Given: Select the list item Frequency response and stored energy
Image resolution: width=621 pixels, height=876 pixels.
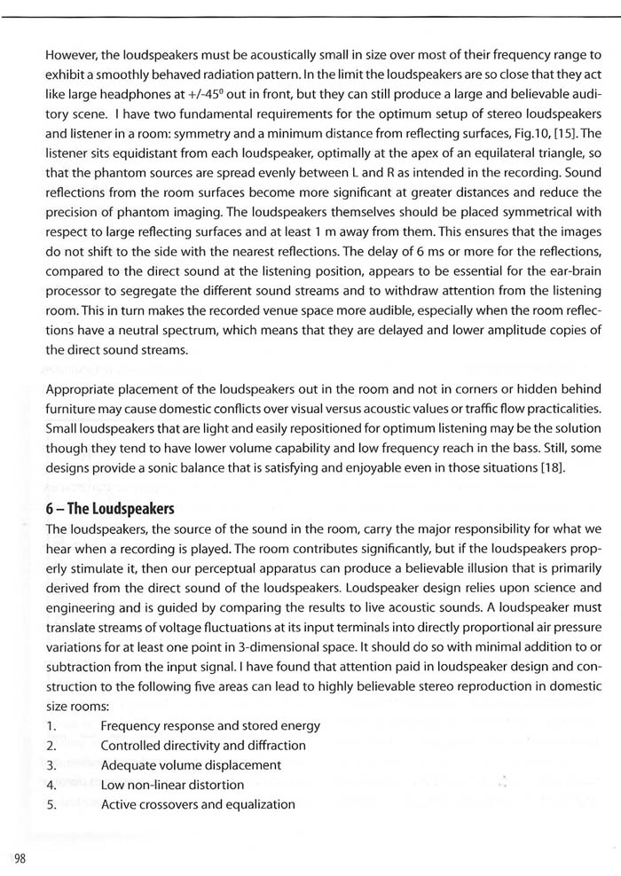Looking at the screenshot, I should point(210,725).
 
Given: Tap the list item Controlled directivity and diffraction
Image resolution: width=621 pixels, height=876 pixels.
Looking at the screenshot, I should point(203,745).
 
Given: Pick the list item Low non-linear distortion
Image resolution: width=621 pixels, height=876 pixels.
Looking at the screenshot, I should point(172,784).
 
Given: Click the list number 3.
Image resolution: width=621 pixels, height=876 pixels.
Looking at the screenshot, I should point(51,764).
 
